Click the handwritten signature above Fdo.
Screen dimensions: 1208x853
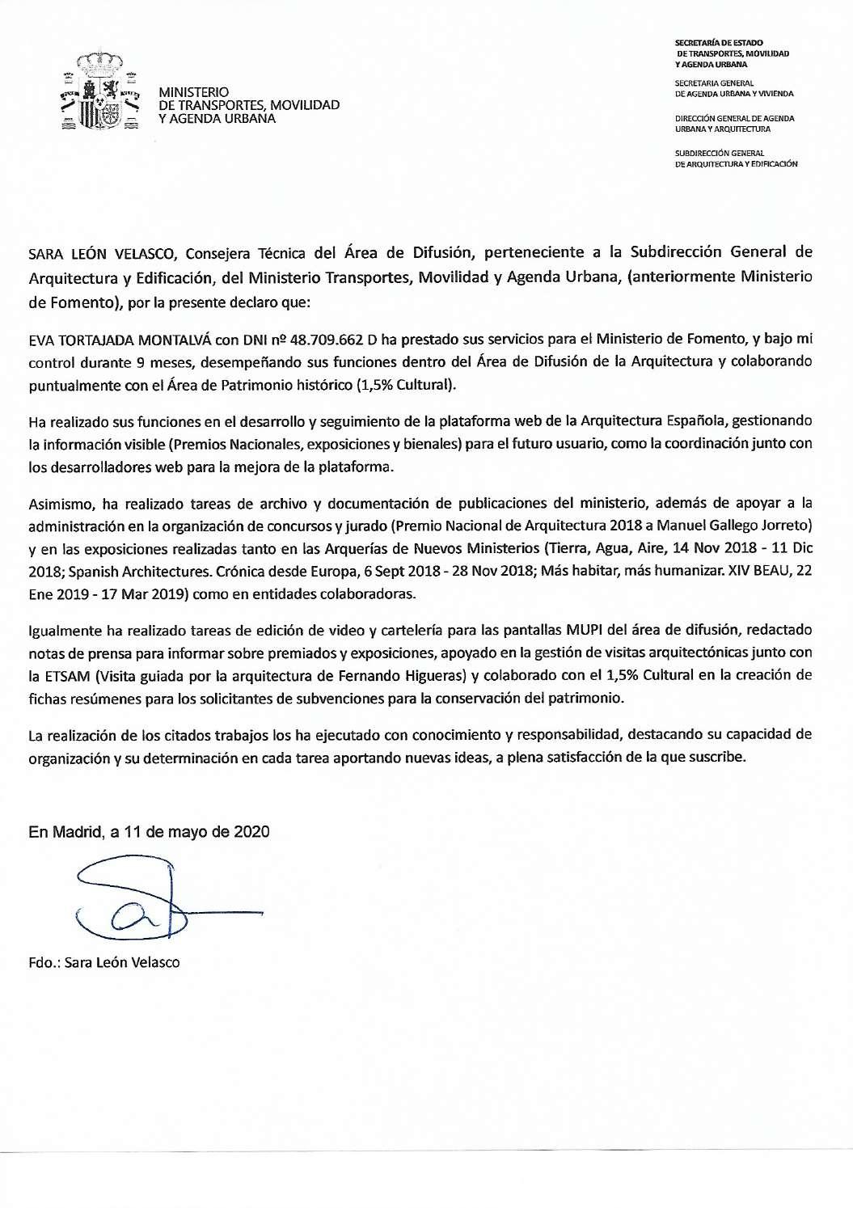click(133, 904)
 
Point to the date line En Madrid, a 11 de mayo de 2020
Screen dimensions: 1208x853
click(150, 831)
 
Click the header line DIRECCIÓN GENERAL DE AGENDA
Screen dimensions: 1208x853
click(735, 118)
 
